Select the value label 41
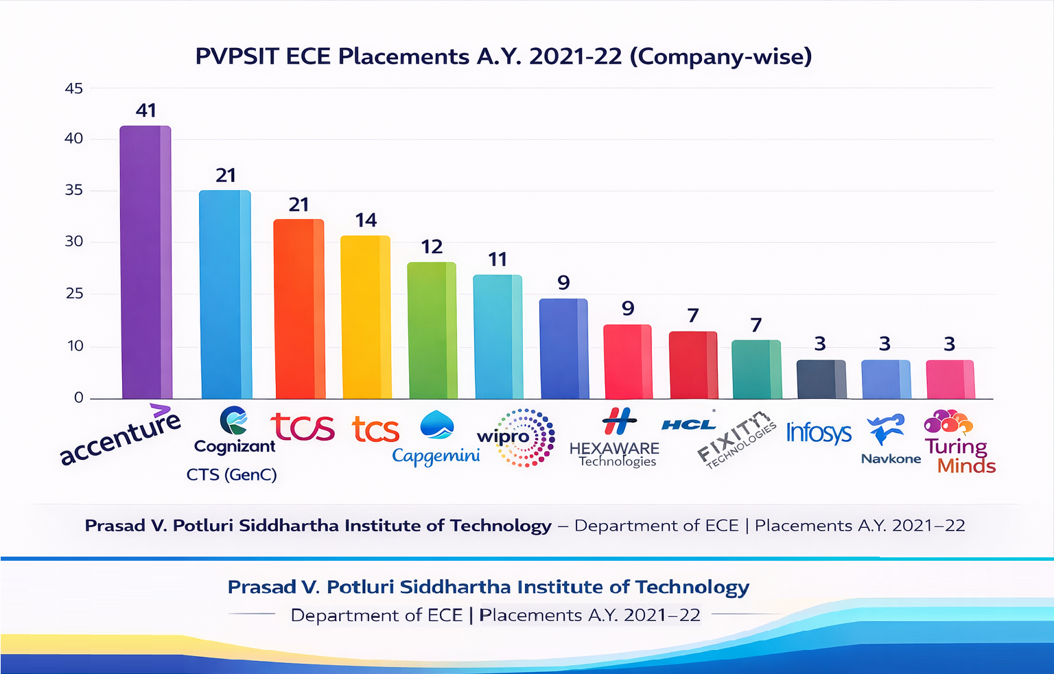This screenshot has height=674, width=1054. [146, 111]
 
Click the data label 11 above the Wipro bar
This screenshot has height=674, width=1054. [497, 259]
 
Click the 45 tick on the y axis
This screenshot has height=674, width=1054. [73, 89]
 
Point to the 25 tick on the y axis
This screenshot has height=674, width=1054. [73, 294]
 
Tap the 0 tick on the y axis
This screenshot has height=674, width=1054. [78, 397]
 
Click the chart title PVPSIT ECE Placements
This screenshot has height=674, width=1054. [503, 56]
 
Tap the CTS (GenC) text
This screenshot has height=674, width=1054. [231, 474]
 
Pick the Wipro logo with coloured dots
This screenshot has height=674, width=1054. [517, 438]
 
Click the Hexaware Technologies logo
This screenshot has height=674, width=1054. [615, 438]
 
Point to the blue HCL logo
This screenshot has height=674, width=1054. [688, 424]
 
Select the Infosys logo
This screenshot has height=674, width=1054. [819, 432]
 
